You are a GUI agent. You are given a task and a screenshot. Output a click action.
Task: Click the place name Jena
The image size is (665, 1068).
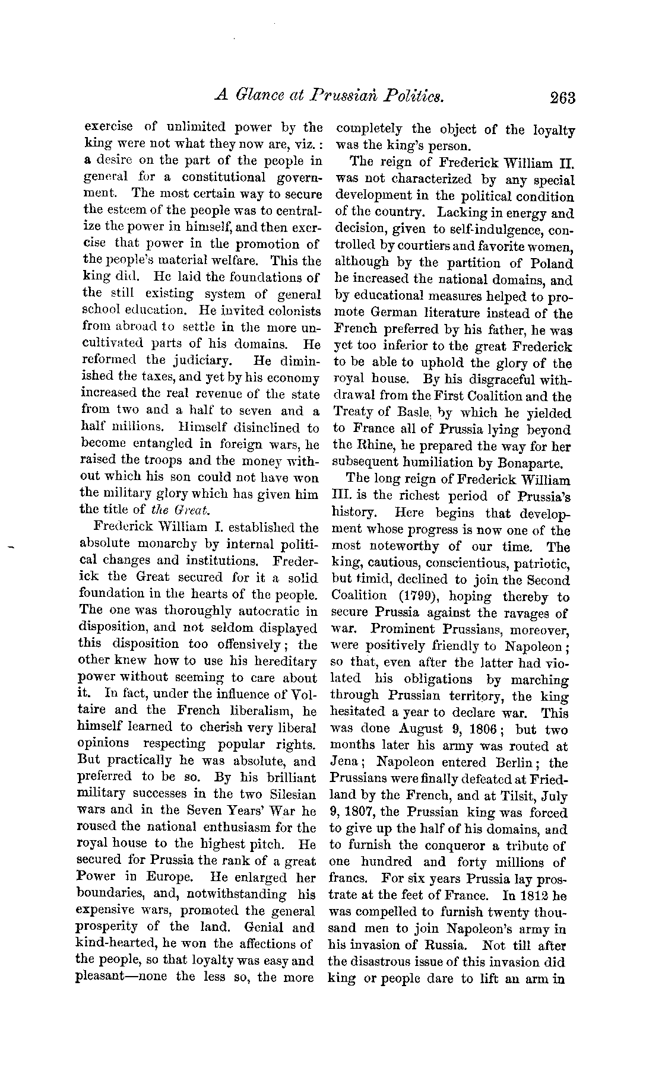[x=349, y=763]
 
